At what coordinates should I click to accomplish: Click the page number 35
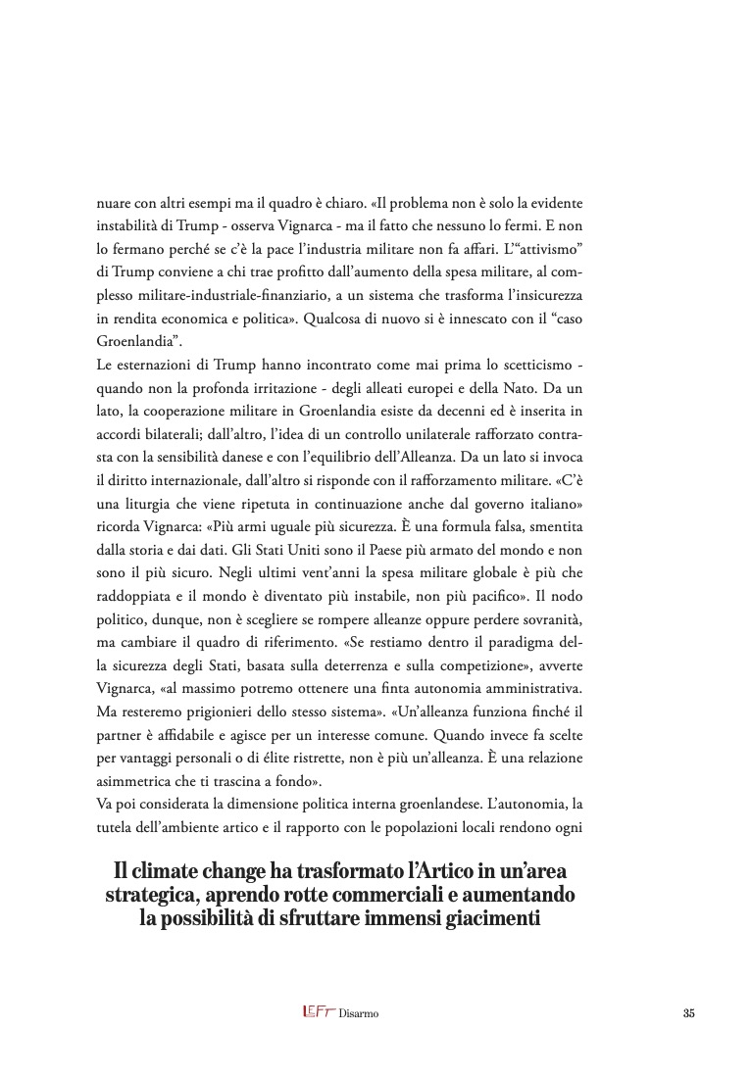pos(688,1014)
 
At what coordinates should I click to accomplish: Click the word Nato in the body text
pos(526,387)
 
